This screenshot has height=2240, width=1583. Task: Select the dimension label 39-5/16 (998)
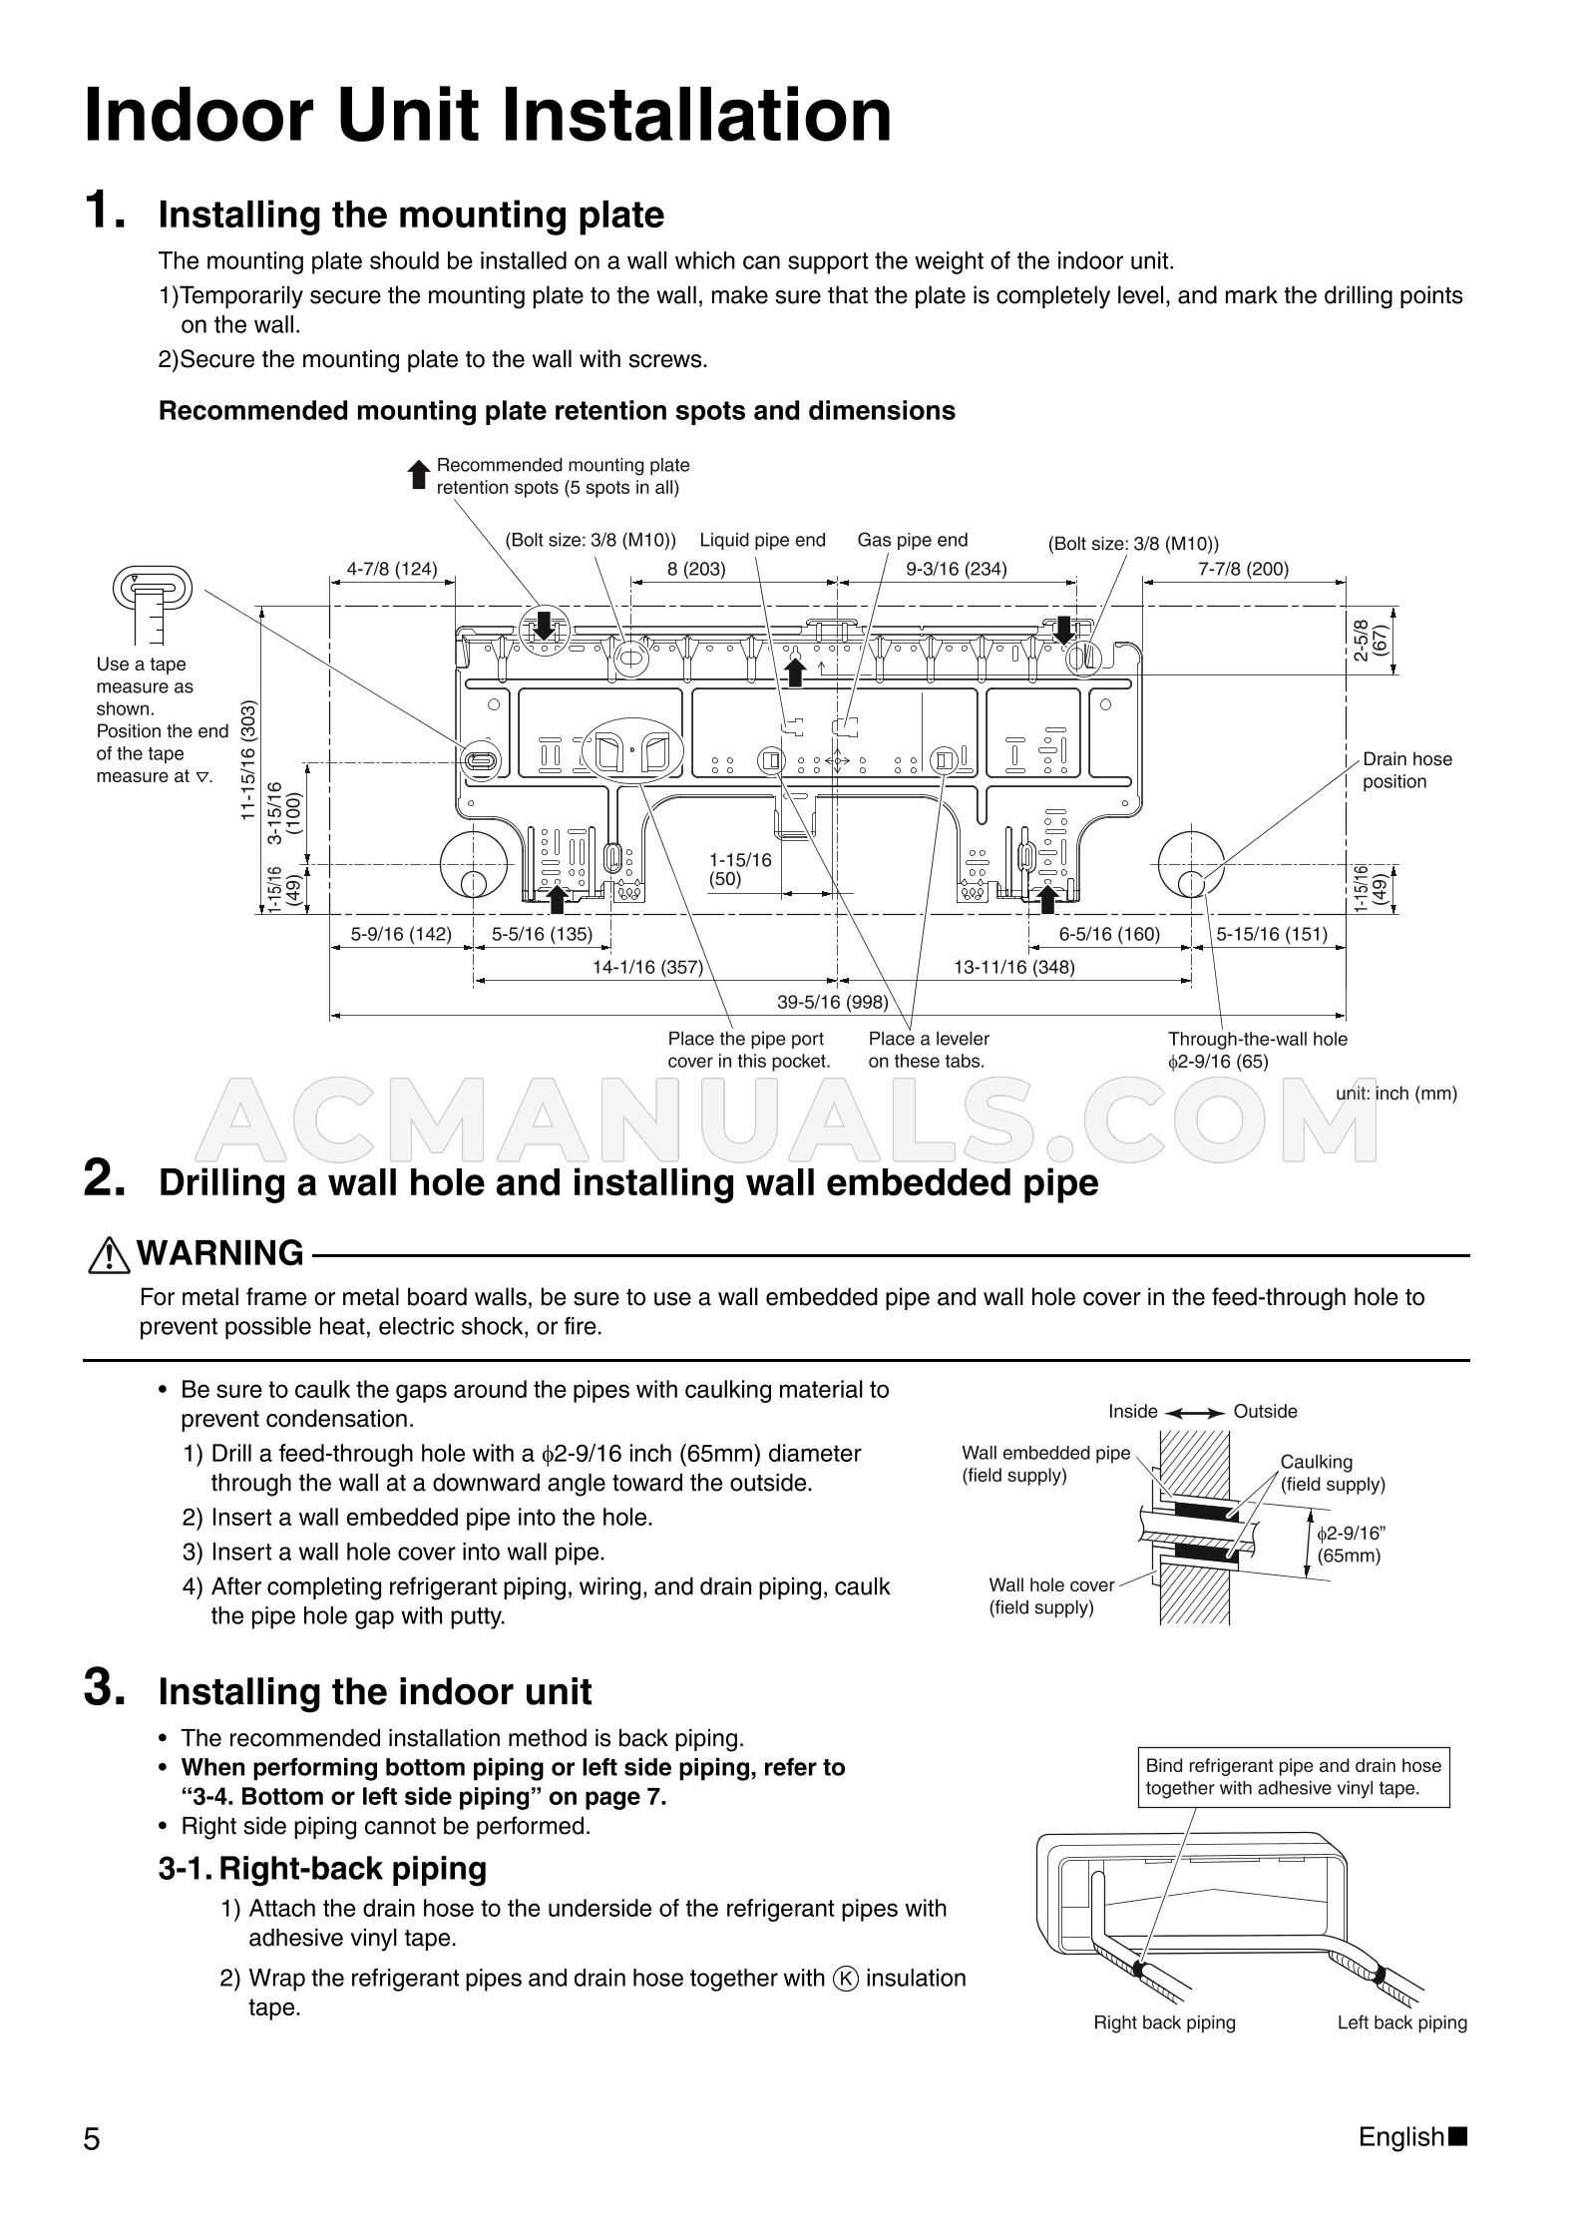pyautogui.click(x=832, y=1002)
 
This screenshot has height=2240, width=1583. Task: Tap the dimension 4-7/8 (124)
pyautogui.click(x=391, y=569)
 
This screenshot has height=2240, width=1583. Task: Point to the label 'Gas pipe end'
pyautogui.click(x=912, y=540)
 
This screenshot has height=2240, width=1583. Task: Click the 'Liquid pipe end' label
pyautogui.click(x=762, y=540)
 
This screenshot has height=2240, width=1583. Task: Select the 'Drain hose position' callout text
pyautogui.click(x=1406, y=770)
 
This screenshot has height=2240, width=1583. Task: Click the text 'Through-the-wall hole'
pyautogui.click(x=1257, y=1039)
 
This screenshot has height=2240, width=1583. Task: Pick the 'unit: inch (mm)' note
pyautogui.click(x=1395, y=1094)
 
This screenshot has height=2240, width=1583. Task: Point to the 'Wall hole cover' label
pyautogui.click(x=1051, y=1584)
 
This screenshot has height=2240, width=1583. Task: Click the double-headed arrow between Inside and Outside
pyautogui.click(x=1195, y=1412)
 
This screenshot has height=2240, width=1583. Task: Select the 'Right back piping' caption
pyautogui.click(x=1164, y=2022)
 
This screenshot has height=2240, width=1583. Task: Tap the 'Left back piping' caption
pyautogui.click(x=1401, y=2022)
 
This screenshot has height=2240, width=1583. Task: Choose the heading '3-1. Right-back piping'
pyautogui.click(x=322, y=1868)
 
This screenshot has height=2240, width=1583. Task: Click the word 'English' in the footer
pyautogui.click(x=1400, y=2137)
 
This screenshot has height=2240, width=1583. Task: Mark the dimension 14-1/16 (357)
pyautogui.click(x=647, y=967)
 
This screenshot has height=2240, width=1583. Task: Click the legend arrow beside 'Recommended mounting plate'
pyautogui.click(x=420, y=475)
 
